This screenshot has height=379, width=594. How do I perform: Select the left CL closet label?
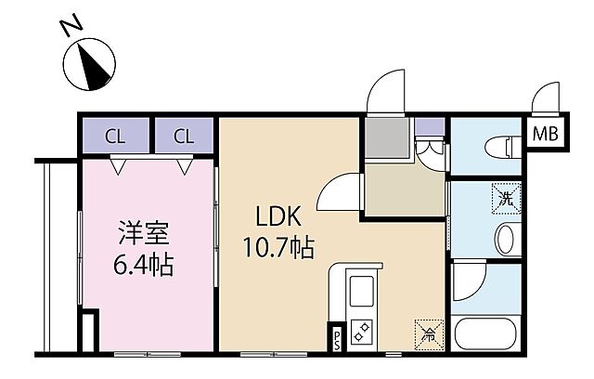[114, 137]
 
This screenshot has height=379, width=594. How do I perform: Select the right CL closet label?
[183, 137]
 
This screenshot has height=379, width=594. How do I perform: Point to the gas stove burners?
[361, 331]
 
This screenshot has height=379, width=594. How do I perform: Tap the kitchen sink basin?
[360, 286]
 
